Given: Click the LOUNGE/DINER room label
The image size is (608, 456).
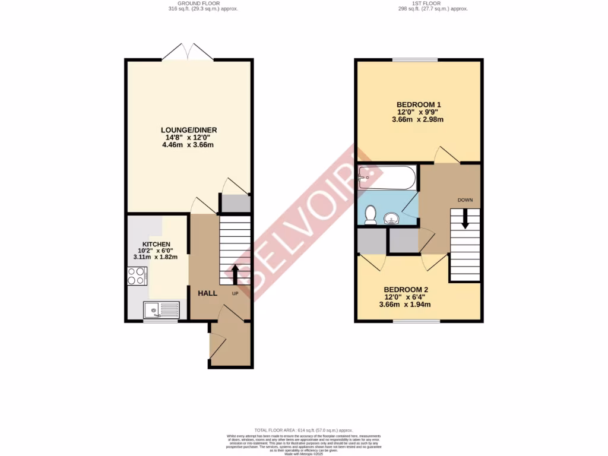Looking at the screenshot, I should (188, 129).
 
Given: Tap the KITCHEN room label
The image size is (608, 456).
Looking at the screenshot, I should (156, 244).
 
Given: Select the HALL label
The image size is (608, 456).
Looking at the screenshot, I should (208, 293).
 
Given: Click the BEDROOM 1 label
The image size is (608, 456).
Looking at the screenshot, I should (419, 104).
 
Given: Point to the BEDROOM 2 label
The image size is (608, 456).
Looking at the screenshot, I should (404, 290).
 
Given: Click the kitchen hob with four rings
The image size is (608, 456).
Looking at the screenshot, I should (137, 276).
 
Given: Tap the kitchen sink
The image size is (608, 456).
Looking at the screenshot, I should (160, 309).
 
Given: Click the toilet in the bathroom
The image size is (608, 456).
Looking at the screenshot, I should (370, 214).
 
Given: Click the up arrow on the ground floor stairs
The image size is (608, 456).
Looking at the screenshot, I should (235, 274).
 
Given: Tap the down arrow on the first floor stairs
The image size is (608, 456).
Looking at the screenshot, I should (465, 219).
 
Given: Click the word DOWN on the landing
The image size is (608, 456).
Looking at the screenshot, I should (465, 200).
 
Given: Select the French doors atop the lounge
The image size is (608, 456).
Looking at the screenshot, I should (188, 53).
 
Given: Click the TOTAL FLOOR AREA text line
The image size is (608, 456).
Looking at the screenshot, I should (303, 430).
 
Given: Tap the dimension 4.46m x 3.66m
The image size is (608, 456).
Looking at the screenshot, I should (188, 145).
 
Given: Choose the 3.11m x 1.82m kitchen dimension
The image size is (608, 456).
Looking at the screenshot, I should (156, 257).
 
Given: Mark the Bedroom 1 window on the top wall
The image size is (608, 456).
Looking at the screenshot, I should (415, 59).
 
